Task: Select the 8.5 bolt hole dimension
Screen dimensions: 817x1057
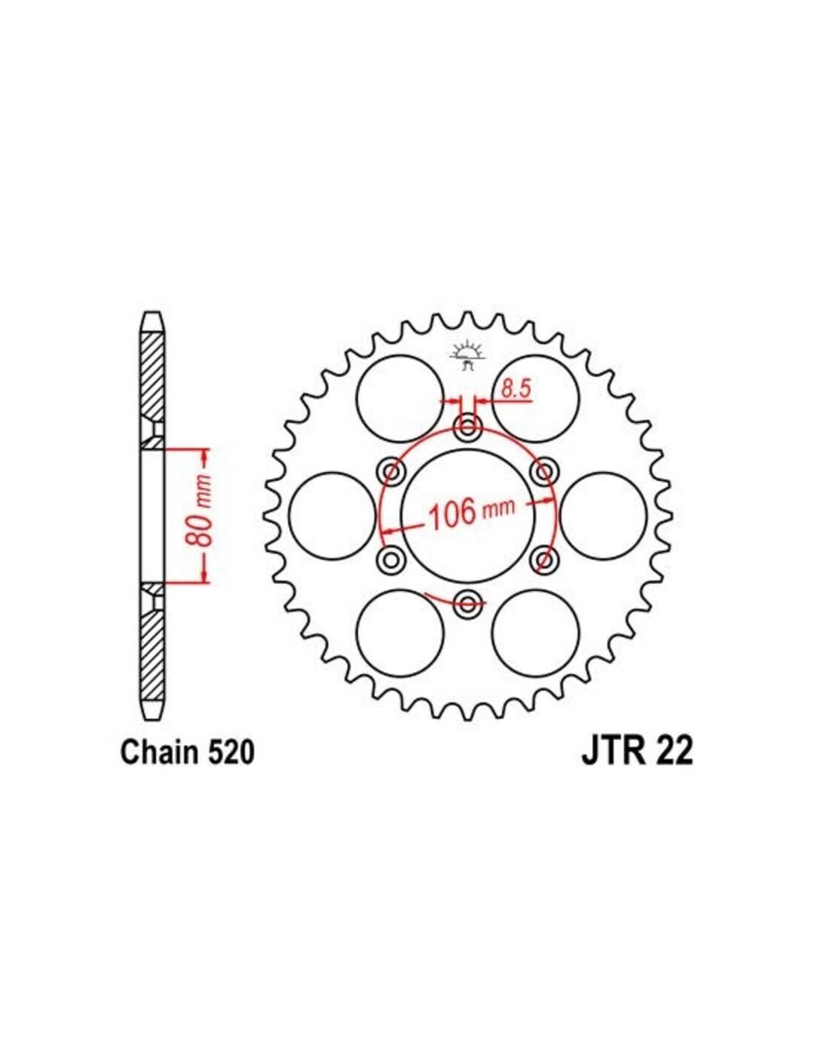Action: (x=515, y=389)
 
